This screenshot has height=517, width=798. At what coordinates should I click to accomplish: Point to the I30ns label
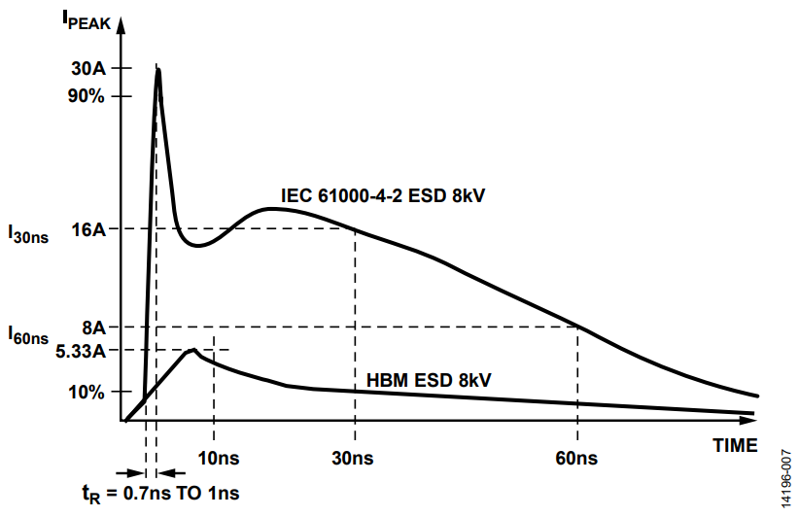click(x=28, y=233)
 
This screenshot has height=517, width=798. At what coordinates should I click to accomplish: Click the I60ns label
click(x=28, y=335)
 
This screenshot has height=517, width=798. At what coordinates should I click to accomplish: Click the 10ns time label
click(x=218, y=457)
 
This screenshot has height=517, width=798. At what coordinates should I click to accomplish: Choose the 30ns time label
click(x=354, y=457)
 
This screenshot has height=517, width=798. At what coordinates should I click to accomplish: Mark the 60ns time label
click(x=577, y=457)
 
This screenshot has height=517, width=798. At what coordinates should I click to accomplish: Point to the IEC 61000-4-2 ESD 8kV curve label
click(x=383, y=195)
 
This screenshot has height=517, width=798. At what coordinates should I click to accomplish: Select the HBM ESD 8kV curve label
click(x=429, y=379)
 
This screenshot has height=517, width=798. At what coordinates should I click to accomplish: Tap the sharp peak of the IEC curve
click(x=157, y=70)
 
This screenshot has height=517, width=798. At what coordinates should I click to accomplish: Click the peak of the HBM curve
click(x=194, y=350)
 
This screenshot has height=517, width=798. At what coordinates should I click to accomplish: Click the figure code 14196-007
click(x=785, y=475)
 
